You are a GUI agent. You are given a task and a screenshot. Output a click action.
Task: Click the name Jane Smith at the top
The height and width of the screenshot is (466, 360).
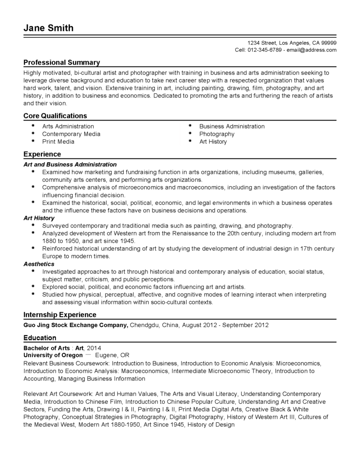(48, 28)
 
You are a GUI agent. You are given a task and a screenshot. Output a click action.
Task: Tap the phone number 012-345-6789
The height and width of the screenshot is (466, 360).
(265, 50)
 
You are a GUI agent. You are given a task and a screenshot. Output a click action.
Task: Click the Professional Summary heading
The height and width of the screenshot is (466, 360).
(61, 62)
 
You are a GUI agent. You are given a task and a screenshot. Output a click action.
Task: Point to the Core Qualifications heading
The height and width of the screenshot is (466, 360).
(55, 116)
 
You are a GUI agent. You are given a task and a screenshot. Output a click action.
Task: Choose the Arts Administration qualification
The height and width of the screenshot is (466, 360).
(68, 127)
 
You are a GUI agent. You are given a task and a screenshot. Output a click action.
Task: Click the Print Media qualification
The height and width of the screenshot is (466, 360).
(58, 142)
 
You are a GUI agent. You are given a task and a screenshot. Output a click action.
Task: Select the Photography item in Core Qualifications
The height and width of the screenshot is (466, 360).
(217, 134)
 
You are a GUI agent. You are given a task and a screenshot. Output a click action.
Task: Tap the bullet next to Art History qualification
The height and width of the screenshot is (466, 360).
(189, 142)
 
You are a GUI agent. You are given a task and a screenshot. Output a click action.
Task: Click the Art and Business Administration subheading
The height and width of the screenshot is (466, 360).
(70, 164)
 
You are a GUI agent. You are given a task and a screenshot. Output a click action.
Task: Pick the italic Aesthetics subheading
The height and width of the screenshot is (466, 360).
(39, 264)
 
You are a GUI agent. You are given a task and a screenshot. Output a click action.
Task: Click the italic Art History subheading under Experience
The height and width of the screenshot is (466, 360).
(39, 218)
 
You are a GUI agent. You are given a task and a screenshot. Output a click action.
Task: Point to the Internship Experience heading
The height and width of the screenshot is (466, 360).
(60, 314)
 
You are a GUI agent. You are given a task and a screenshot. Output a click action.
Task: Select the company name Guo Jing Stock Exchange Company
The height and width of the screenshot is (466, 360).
(76, 325)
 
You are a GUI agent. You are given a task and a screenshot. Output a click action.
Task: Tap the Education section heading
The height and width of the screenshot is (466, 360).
(40, 338)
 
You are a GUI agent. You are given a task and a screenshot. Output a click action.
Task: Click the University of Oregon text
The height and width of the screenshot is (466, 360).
(53, 355)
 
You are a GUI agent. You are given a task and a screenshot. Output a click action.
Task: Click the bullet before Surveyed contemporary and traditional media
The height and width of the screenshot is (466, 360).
(33, 225)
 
